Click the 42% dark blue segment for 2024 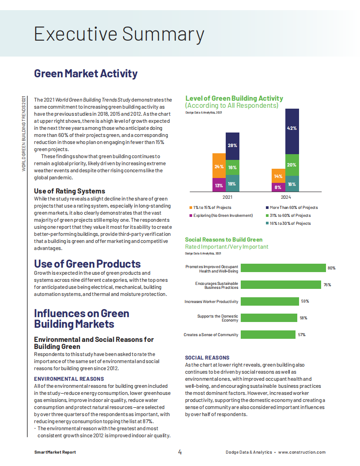coord(292,131)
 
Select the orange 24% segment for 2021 coord(219,166)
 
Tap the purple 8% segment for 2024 coord(278,187)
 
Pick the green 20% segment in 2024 coord(292,165)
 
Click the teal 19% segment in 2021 coord(232,183)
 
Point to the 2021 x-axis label coord(227,197)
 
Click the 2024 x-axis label coord(286,197)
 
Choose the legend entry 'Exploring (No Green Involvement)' coord(221,216)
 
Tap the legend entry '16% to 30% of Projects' coord(288,224)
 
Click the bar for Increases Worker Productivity coord(269,301)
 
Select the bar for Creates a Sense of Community coord(268,335)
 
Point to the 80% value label coord(331,268)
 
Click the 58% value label coord(303,318)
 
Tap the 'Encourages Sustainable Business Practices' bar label coord(216,285)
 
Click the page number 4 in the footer coord(180,452)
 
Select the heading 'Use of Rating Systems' coord(69,191)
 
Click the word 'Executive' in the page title coord(76,34)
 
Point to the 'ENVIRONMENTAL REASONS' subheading coord(69,379)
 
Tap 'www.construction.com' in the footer coord(302,452)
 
